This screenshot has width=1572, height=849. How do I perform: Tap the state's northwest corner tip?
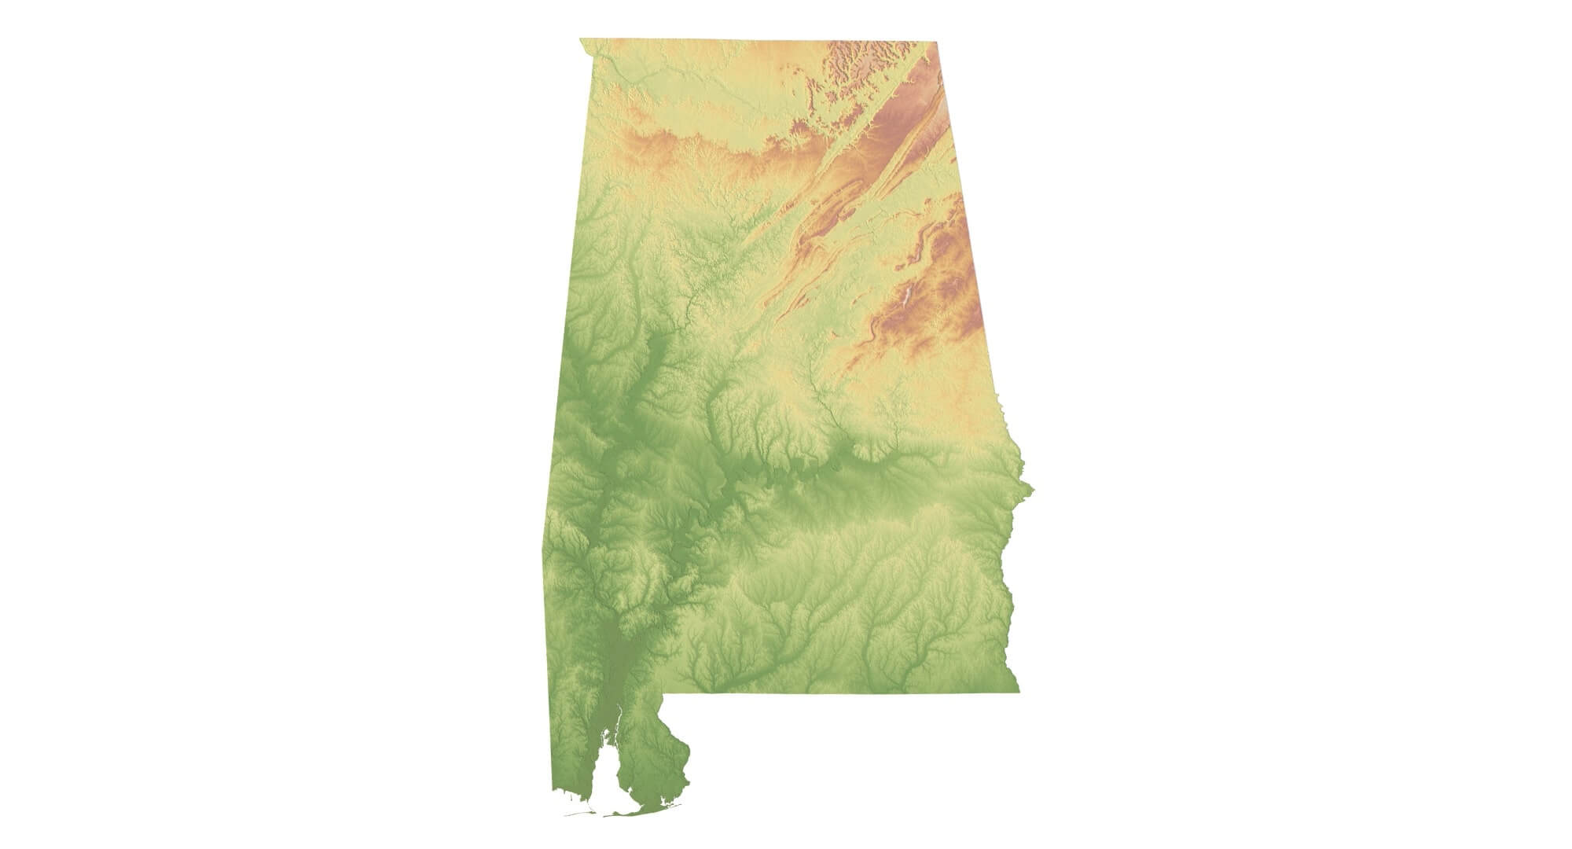pyautogui.click(x=580, y=39)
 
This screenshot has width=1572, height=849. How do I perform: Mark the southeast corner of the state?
pyautogui.click(x=1019, y=692)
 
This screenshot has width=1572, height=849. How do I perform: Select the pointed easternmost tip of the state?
pyautogui.click(x=1033, y=491)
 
